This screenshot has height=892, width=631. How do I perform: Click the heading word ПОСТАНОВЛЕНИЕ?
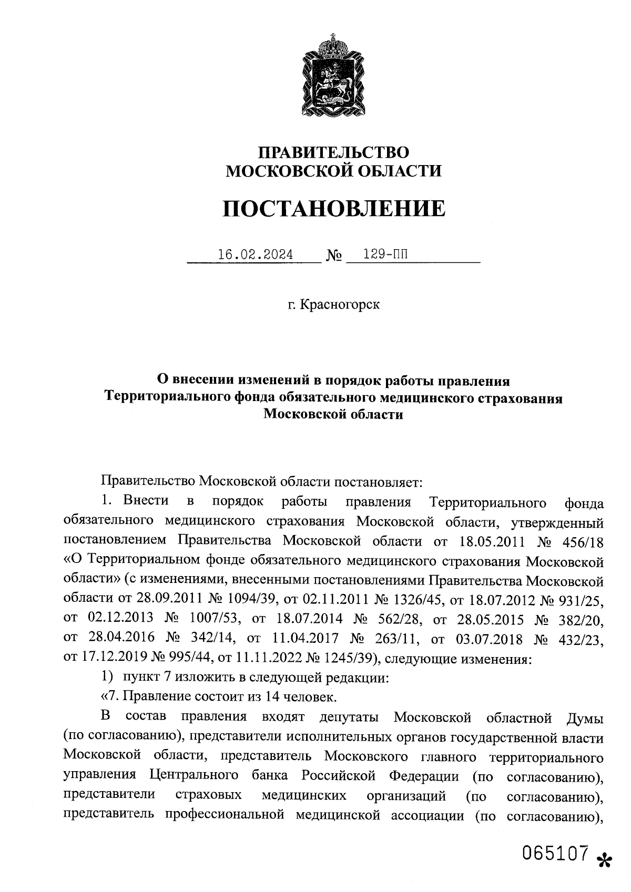coord(334,209)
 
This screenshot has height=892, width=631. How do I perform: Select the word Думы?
coord(583,718)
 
